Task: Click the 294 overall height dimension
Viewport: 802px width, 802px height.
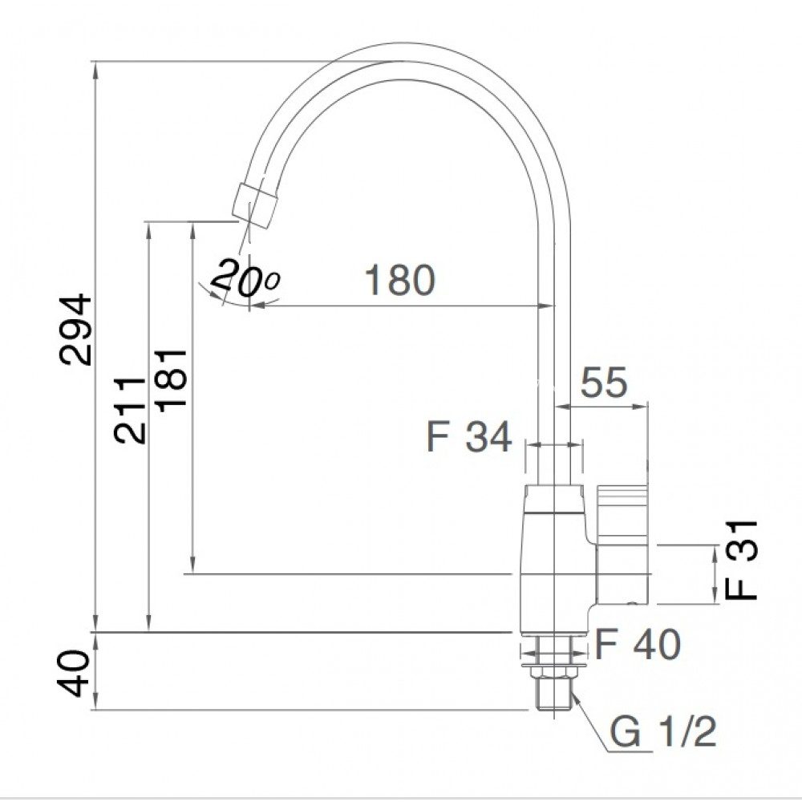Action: [x=78, y=330]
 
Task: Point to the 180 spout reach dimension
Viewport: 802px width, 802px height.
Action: [x=399, y=280]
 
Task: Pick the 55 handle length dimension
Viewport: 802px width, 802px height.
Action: [x=603, y=383]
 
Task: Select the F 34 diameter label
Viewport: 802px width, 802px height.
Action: [x=468, y=438]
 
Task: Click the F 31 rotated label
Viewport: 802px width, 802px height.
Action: [x=741, y=559]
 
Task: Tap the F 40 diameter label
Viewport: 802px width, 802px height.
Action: [x=638, y=644]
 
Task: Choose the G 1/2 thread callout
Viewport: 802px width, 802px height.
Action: [x=662, y=732]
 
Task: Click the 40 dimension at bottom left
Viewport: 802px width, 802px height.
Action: [x=78, y=674]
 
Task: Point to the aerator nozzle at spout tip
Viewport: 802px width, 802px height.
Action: [x=255, y=201]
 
